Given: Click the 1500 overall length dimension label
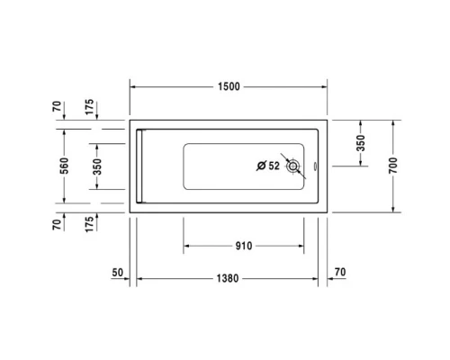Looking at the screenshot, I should pos(229,86).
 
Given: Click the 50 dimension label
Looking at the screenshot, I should pos(117,271).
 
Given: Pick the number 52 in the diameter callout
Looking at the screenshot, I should pos(274,166).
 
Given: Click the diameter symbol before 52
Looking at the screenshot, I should pos(261,166).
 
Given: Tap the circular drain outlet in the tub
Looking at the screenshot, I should pos(293,166).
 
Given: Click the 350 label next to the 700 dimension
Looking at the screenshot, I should pos(361,145).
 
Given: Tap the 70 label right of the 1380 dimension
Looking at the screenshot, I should pos(339,271).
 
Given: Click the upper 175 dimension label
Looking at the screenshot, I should pos(88,105).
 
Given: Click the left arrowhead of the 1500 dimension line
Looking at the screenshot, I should pos(134,86).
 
